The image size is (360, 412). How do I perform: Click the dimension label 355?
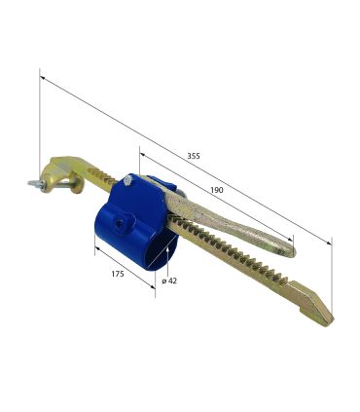pyautogui.click(x=194, y=156)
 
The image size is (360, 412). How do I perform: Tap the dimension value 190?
pyautogui.click(x=217, y=190)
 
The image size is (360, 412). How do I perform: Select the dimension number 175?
pyautogui.click(x=118, y=274)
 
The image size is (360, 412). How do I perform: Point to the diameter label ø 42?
pyautogui.click(x=169, y=281)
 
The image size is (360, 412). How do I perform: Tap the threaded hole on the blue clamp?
pyautogui.click(x=120, y=223)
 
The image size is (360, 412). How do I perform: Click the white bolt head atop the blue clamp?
pyautogui.click(x=128, y=179)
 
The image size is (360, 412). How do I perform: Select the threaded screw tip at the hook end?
pyautogui.click(x=34, y=184)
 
